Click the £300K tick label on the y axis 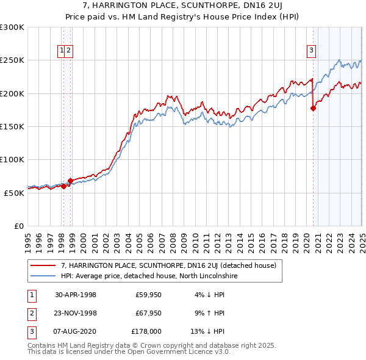(12, 27)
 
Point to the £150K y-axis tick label (12, 126)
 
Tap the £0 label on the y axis (19, 226)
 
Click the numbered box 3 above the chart (311, 51)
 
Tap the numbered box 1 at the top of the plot (62, 51)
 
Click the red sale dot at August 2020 (314, 108)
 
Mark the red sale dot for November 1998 (71, 181)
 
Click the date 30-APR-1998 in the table (76, 295)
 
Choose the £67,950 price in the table (148, 313)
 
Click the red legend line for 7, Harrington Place (43, 265)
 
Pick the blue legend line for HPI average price (43, 276)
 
